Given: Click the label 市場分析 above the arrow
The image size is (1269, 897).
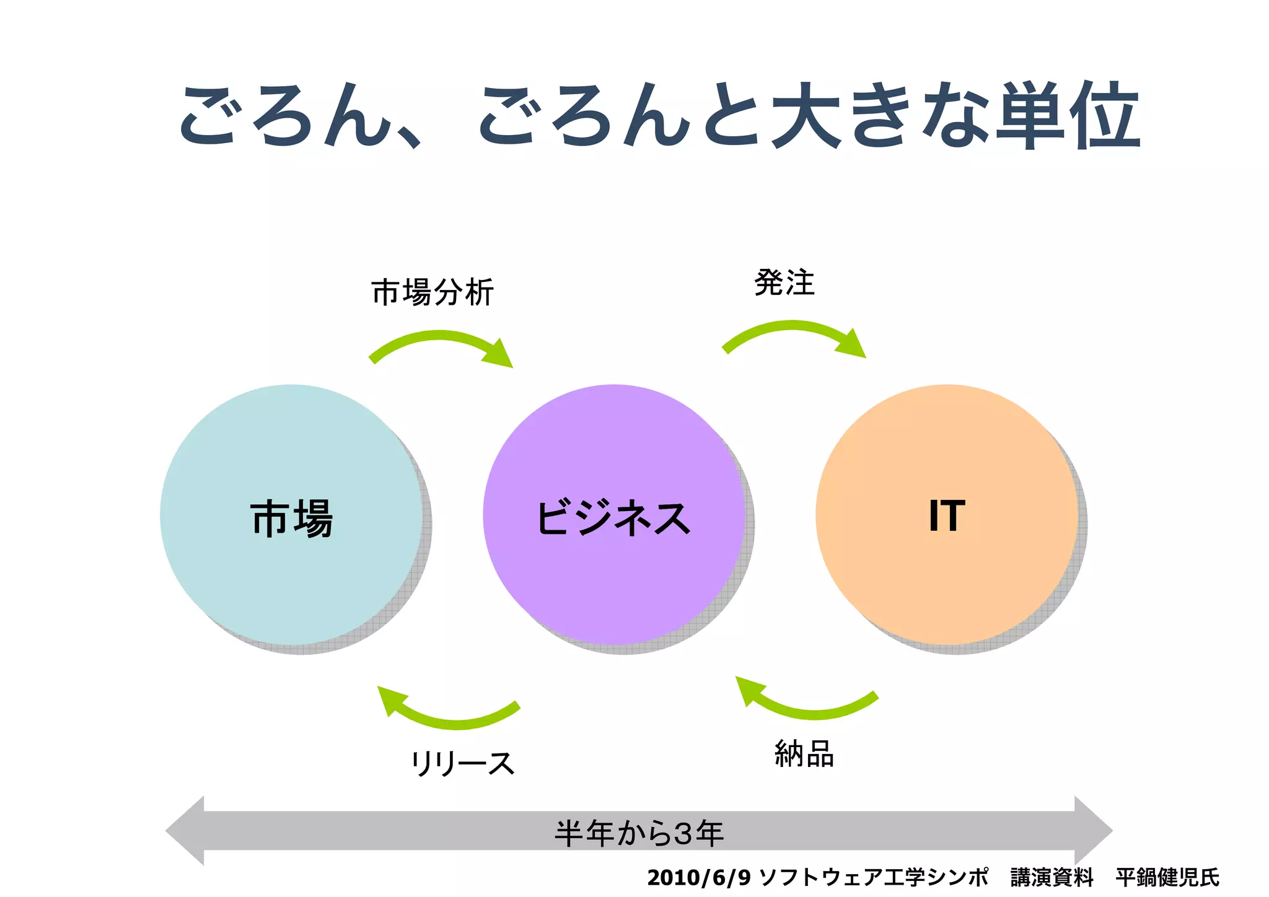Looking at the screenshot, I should [433, 292].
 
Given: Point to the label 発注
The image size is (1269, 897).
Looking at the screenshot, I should [784, 283].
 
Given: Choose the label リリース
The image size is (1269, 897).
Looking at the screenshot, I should [462, 763].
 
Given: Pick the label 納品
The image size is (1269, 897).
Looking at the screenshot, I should [804, 754].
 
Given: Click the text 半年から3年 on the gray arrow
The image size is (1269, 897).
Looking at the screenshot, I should [639, 833].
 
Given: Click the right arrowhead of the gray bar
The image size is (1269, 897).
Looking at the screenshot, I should [1093, 831].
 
